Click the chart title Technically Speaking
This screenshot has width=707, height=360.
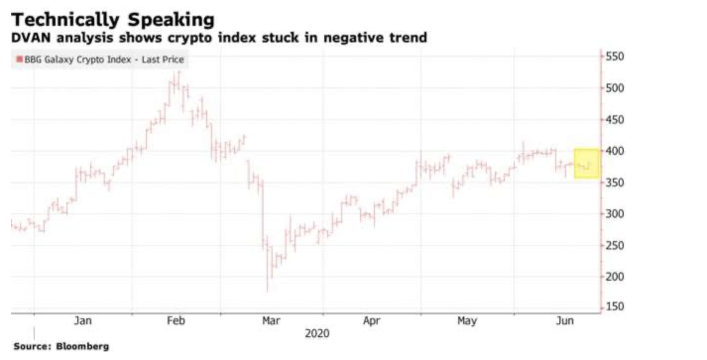coord(113,20)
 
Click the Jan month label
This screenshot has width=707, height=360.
coord(83,321)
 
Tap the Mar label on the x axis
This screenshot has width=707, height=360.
coord(271,321)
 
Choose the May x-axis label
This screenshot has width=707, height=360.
coord(467,321)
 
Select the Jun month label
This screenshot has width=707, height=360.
coord(564,321)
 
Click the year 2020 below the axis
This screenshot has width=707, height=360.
coord(317,333)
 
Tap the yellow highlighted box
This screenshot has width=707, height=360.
coord(587,164)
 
